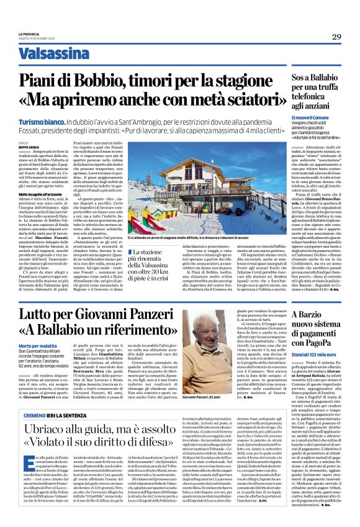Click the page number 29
[x=336, y=37]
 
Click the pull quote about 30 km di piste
[x=156, y=261]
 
